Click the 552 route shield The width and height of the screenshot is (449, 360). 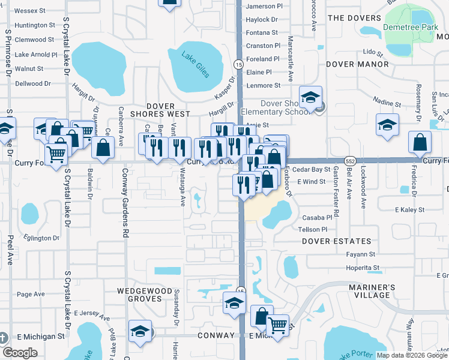click(351, 161)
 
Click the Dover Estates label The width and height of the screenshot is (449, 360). click(336, 241)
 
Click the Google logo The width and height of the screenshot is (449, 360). click(20, 353)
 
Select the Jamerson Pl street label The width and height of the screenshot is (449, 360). click(264, 6)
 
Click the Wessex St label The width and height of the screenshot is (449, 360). click(30, 11)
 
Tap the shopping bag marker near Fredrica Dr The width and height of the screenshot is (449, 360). click(420, 142)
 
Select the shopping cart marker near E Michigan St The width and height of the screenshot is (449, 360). click(277, 326)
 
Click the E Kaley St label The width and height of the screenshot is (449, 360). click(409, 210)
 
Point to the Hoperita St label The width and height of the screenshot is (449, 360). click(363, 268)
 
